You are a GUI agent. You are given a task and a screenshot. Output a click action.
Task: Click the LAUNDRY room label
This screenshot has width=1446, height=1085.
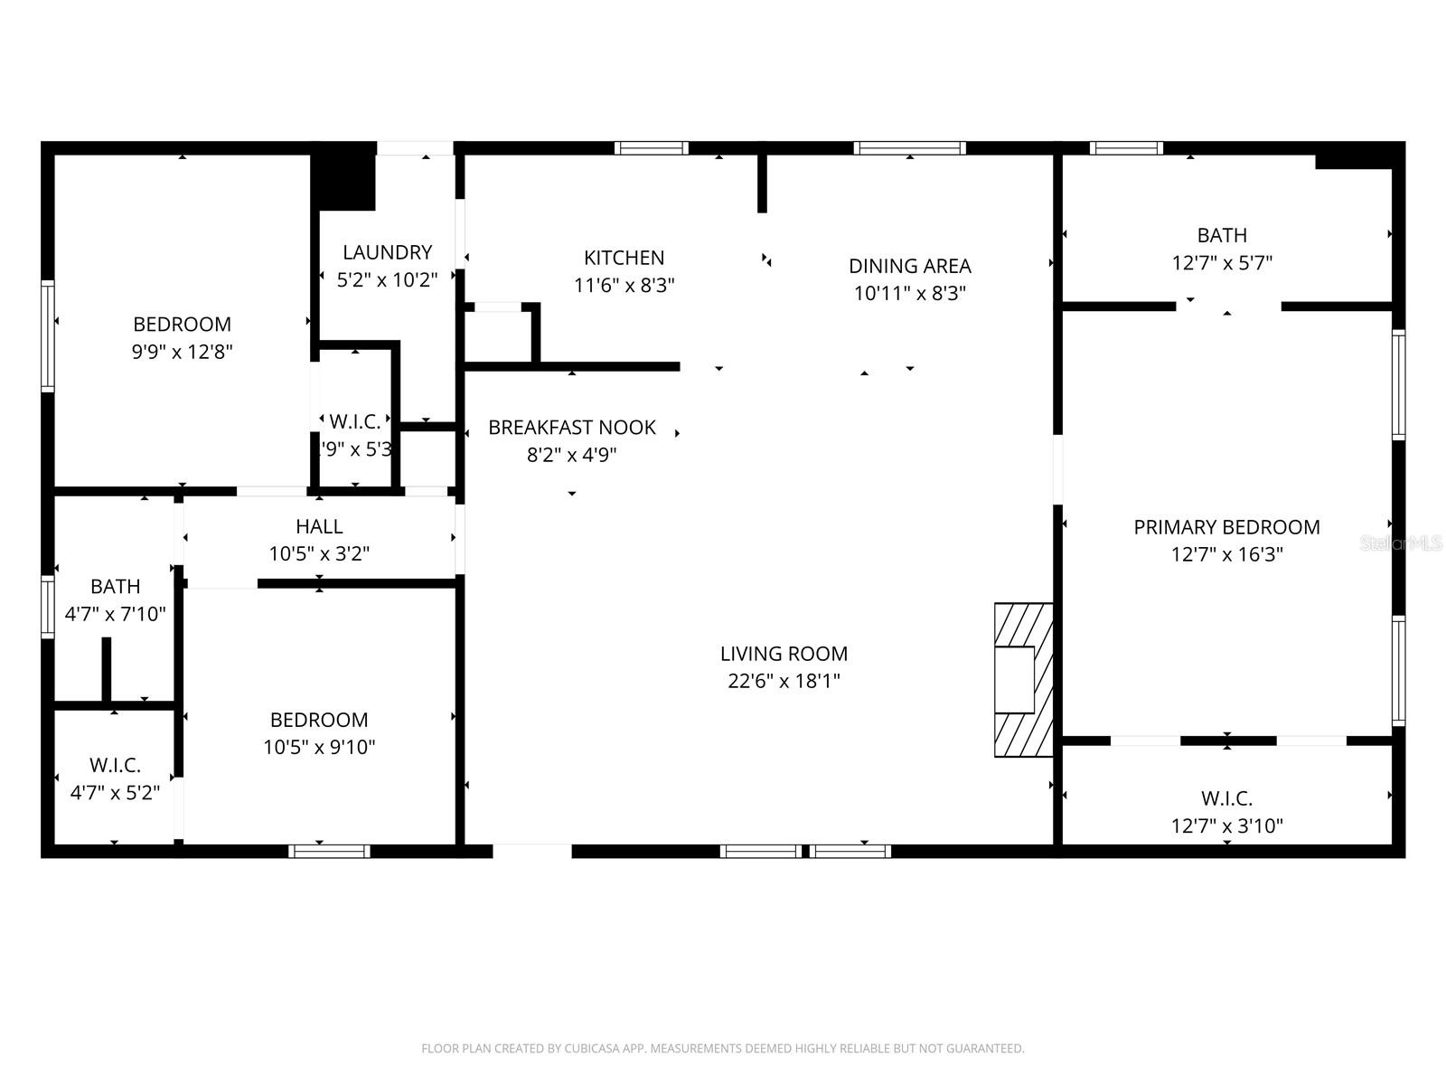387,252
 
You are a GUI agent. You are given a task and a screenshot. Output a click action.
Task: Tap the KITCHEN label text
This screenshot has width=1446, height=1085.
624,258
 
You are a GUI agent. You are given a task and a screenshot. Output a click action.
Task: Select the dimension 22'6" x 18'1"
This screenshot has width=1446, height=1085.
784,681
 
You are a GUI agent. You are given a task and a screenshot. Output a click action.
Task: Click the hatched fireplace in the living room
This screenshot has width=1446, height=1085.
1023,680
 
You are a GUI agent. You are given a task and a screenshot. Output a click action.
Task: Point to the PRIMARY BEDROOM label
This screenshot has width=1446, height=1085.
1226,527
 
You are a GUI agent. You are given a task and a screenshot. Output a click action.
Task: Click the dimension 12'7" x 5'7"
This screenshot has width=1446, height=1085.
1222,263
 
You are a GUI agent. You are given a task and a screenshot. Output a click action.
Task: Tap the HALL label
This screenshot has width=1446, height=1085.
319,526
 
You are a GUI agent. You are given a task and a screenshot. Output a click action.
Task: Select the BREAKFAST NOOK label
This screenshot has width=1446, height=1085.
572,428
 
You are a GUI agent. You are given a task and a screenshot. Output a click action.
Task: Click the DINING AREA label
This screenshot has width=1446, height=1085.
909,266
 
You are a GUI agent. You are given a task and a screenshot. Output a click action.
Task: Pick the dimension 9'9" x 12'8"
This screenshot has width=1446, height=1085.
183,352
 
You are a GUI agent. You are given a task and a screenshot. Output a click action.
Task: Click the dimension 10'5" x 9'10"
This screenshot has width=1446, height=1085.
319,748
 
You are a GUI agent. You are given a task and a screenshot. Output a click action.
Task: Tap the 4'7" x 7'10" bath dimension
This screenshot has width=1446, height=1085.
115,615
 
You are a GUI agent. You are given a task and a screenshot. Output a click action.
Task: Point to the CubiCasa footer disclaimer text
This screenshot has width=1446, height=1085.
722,1049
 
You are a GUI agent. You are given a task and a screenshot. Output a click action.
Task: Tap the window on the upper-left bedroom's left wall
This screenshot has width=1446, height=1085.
48,335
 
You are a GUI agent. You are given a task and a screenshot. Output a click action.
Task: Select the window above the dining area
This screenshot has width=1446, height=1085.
909,148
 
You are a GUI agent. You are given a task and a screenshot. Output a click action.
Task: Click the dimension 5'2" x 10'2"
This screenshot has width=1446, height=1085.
387,280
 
